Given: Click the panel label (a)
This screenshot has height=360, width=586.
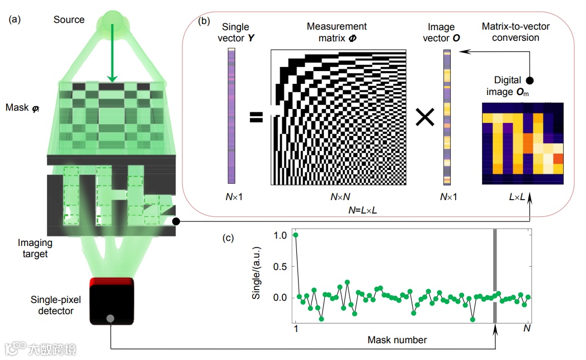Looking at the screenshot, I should click(15, 20).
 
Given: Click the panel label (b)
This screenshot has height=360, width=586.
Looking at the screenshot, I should click(204, 21).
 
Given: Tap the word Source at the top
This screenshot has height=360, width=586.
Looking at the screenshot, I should click(69, 20).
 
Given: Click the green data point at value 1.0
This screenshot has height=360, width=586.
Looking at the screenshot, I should click(296, 235).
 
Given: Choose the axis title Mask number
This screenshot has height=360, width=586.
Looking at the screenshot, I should click(397, 340).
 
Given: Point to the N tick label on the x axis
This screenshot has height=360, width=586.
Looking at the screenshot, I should click(526, 329).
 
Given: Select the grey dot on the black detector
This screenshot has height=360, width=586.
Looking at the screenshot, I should click(110, 319).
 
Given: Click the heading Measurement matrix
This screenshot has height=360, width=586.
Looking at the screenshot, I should click(337, 32).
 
